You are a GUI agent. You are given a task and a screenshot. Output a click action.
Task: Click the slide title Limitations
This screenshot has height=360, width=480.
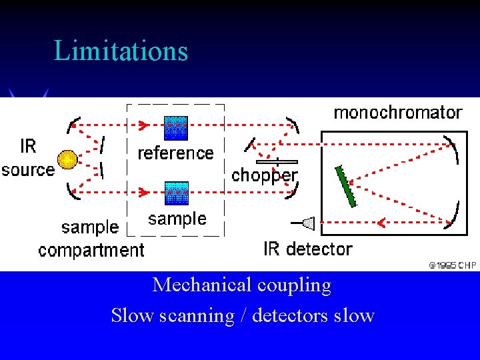121,51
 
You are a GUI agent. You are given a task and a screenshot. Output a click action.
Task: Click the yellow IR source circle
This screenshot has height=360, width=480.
67,160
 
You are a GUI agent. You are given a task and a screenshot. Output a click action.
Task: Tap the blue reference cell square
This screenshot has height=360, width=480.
176,127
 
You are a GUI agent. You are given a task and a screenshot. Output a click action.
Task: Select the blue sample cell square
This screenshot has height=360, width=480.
177,193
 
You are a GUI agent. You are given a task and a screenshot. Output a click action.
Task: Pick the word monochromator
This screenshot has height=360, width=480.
397,113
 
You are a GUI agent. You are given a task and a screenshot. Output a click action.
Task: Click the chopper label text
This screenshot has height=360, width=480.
264,175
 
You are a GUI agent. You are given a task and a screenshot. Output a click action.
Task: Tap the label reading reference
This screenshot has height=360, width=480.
175,153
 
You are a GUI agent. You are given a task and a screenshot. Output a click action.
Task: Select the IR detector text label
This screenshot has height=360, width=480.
308,249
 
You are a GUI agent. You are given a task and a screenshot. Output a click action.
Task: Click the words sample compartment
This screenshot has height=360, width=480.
91,239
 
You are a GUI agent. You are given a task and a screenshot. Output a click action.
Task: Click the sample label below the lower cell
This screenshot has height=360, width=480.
177,219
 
